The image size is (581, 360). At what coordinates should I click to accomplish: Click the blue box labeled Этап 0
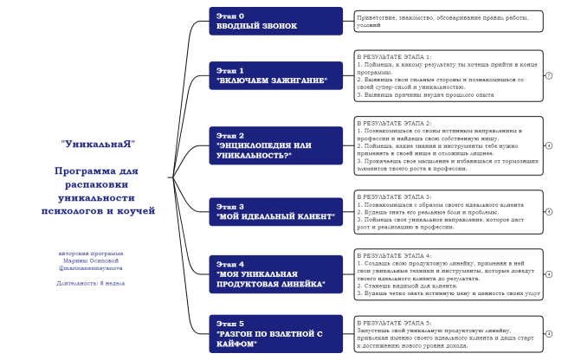click(x=275, y=21)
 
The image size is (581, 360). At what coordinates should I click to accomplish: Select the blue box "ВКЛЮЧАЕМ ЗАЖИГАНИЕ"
click(x=275, y=75)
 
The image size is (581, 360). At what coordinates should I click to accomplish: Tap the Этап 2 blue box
click(x=275, y=145)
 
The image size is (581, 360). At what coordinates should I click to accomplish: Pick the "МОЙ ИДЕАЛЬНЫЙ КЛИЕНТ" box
click(x=275, y=212)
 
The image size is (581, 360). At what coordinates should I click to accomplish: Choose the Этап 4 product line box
click(x=275, y=273)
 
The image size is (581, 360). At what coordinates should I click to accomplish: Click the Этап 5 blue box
click(x=275, y=333)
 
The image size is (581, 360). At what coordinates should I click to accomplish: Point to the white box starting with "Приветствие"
click(x=448, y=21)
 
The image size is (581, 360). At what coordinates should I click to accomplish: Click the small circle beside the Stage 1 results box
click(x=549, y=75)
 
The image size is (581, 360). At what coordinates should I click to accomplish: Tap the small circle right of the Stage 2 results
click(x=549, y=145)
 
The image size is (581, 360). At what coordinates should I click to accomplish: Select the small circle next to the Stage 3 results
click(x=549, y=212)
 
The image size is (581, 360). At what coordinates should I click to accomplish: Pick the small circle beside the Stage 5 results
click(x=549, y=333)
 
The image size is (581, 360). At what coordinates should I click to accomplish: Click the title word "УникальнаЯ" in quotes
click(x=98, y=143)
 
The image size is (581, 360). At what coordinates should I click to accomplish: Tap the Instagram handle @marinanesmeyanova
click(x=91, y=268)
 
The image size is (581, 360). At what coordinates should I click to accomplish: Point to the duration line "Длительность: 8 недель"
click(x=91, y=283)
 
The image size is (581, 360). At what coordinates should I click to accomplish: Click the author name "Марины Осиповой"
click(x=91, y=260)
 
